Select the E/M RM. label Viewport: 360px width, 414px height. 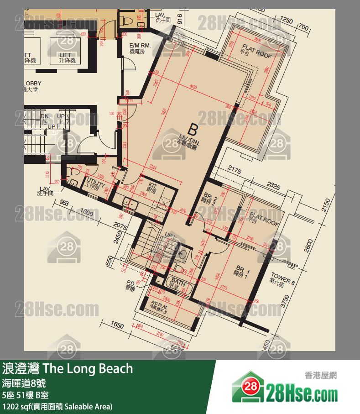point(140,48)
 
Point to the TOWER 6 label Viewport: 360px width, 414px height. point(283,280)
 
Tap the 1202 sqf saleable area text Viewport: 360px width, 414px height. point(57,406)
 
